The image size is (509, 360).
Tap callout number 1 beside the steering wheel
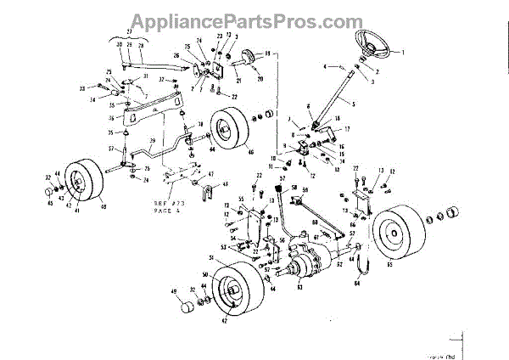(x=404, y=53)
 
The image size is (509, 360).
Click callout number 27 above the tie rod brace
(x=130, y=31)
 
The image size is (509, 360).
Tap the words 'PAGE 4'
(x=165, y=211)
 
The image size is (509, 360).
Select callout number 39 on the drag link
(x=154, y=140)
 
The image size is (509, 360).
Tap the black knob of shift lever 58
(x=284, y=188)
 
